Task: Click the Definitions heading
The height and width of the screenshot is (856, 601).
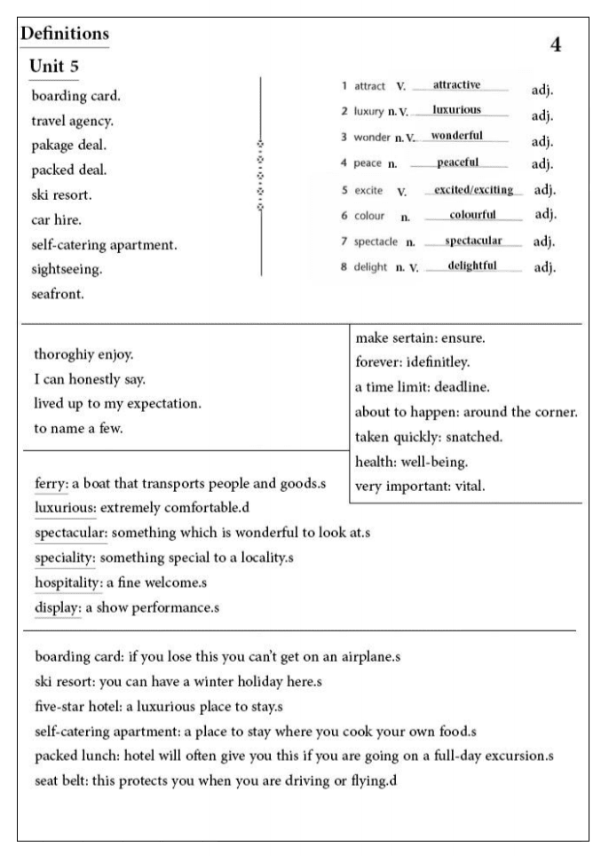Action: pos(64,34)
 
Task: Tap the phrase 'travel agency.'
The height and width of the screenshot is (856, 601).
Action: pos(73,120)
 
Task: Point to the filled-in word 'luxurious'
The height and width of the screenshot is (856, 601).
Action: pos(457,110)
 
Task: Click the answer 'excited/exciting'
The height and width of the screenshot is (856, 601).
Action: pos(473,190)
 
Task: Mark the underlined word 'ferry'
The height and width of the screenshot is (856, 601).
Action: pos(51,484)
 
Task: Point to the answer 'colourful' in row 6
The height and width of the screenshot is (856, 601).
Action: pos(472,215)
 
